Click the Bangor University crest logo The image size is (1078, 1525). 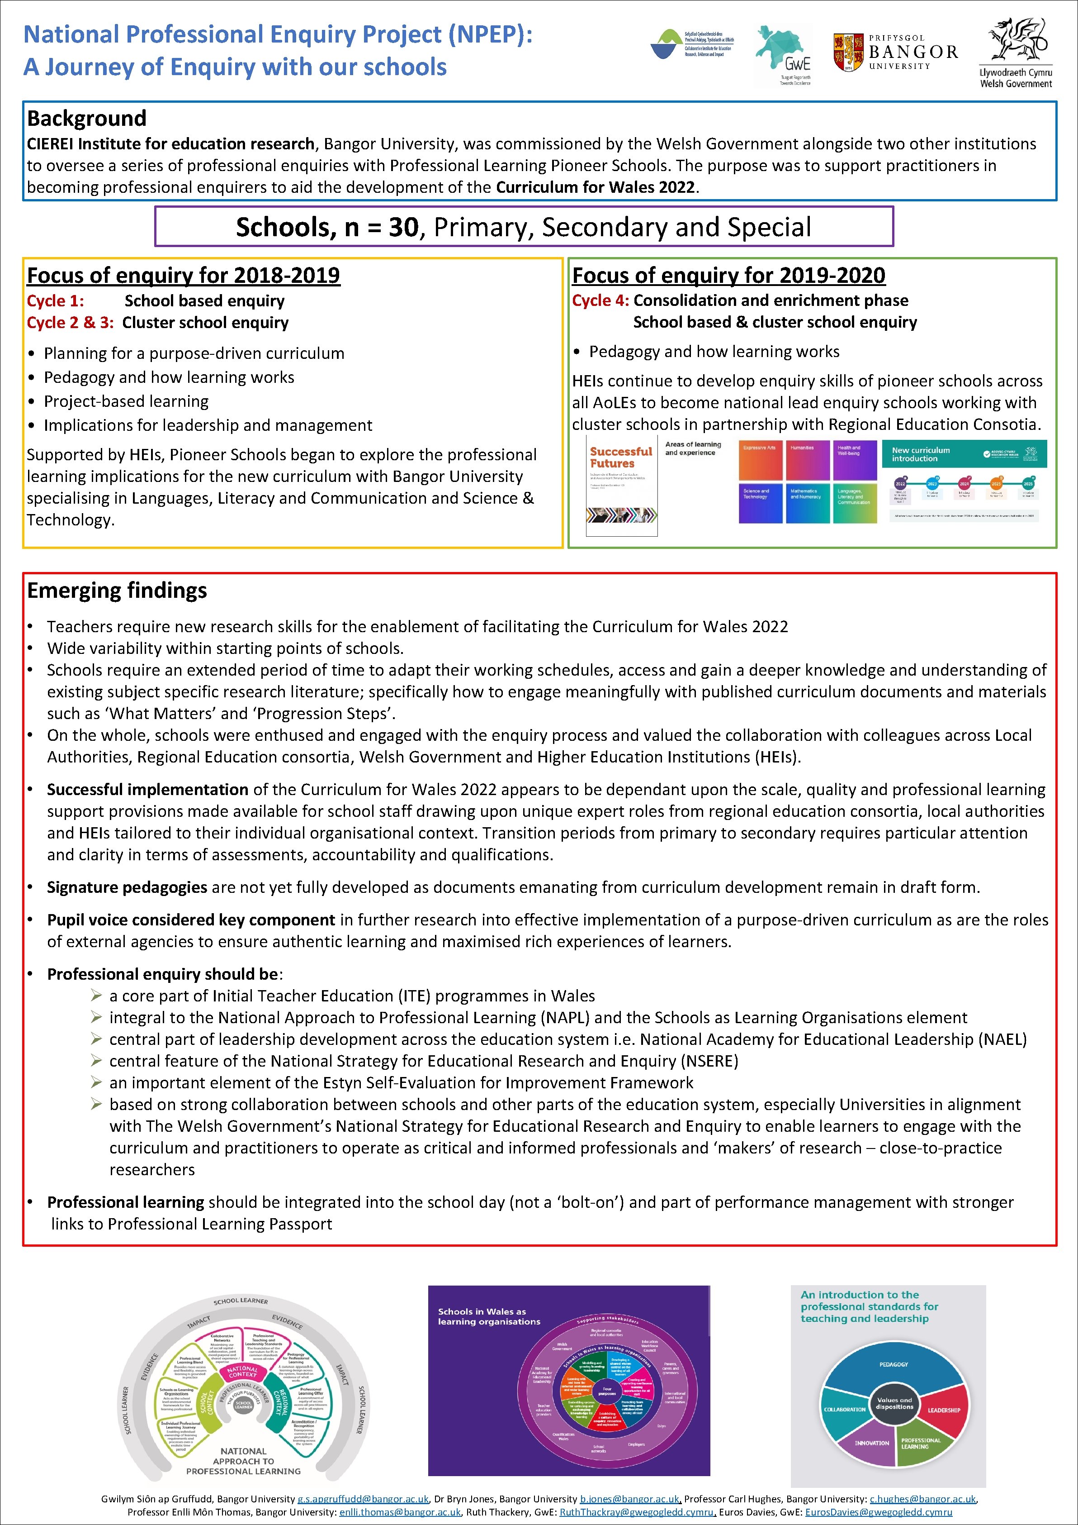click(848, 52)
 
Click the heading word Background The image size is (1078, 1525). click(86, 118)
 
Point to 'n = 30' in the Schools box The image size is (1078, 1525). click(382, 227)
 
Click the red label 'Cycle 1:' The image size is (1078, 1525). click(55, 301)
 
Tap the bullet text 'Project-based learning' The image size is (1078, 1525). click(126, 401)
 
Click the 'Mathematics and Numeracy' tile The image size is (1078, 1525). click(807, 503)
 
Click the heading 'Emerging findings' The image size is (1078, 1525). click(117, 590)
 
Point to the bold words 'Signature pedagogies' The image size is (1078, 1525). click(127, 887)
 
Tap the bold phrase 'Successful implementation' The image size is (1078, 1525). click(147, 789)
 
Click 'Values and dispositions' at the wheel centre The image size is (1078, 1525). click(894, 1403)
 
